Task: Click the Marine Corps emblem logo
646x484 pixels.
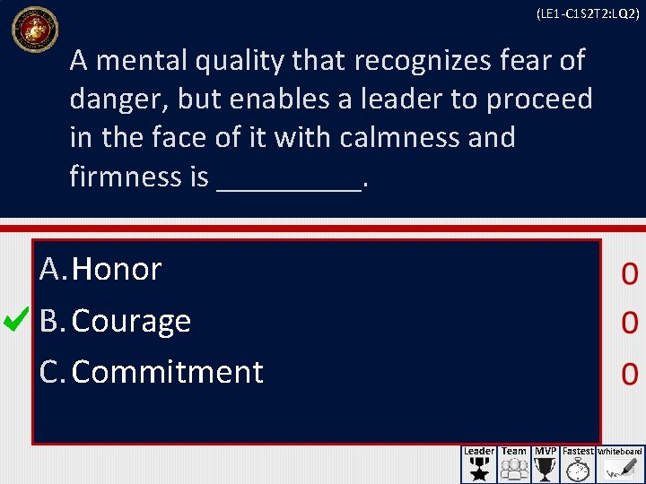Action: click(34, 29)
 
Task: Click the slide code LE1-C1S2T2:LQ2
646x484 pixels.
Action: click(588, 14)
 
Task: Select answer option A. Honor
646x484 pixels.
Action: click(100, 269)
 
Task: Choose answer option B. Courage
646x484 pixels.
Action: click(116, 321)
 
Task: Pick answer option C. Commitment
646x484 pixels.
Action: click(152, 372)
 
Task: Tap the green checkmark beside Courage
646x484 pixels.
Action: click(18, 319)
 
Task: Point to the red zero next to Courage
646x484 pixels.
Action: click(629, 324)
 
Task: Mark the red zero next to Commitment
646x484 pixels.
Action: click(629, 373)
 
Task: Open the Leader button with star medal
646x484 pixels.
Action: click(479, 464)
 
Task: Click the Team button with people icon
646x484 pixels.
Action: click(514, 464)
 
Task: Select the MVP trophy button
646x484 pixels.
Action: click(546, 464)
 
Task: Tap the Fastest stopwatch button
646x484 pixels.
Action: click(579, 464)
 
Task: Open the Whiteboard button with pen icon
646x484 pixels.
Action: click(621, 464)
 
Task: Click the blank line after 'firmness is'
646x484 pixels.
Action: click(290, 178)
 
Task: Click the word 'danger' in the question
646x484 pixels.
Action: click(118, 99)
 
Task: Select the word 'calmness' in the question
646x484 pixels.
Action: click(397, 138)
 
